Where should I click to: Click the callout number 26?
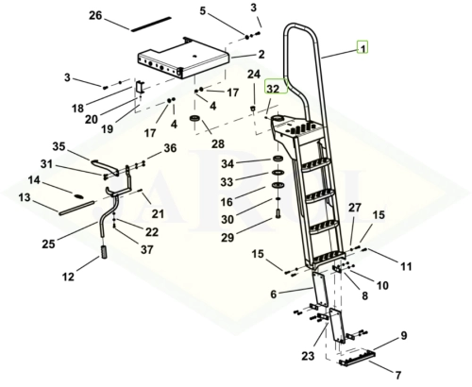pyautogui.click(x=95, y=15)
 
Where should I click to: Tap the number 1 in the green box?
pyautogui.click(x=362, y=48)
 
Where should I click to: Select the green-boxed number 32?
pyautogui.click(x=273, y=89)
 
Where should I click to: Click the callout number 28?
pyautogui.click(x=218, y=143)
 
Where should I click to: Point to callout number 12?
pyautogui.click(x=68, y=277)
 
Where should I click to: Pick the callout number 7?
pyautogui.click(x=398, y=375)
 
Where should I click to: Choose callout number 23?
pyautogui.click(x=308, y=356)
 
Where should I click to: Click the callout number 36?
pyautogui.click(x=170, y=148)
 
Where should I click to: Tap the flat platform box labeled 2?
pyautogui.click(x=183, y=59)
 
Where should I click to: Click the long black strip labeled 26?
pyautogui.click(x=151, y=24)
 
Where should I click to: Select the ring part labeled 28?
pyautogui.click(x=195, y=119)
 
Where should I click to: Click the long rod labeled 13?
pyautogui.click(x=76, y=209)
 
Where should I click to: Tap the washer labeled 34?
pyautogui.click(x=278, y=159)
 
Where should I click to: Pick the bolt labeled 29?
pyautogui.click(x=278, y=213)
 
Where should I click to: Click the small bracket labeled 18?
pyautogui.click(x=140, y=87)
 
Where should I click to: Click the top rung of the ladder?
pyautogui.click(x=316, y=164)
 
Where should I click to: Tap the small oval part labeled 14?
pyautogui.click(x=78, y=196)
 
